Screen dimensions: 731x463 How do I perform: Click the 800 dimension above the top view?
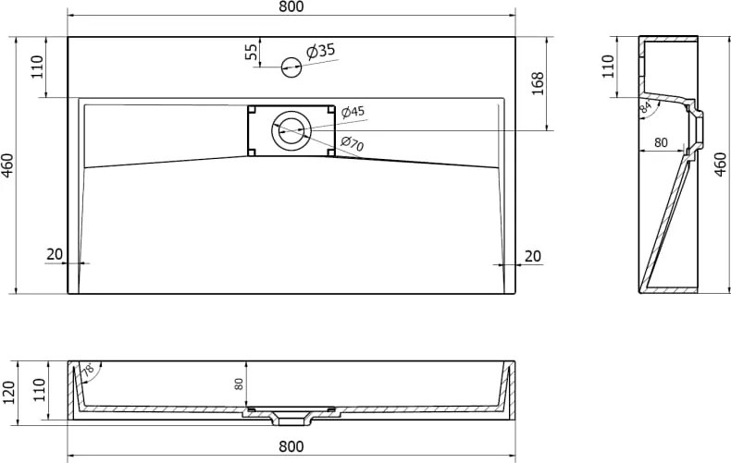pyautogui.click(x=291, y=6)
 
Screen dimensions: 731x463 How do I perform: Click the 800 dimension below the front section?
pyautogui.click(x=291, y=446)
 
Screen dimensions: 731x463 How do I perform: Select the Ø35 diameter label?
pyautogui.click(x=321, y=51)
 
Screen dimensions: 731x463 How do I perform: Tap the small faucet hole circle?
pyautogui.click(x=291, y=67)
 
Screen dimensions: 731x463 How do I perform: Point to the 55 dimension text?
pyautogui.click(x=251, y=52)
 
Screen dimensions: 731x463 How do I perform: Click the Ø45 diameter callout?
pyautogui.click(x=353, y=112)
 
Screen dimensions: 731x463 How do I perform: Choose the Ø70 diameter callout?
pyautogui.click(x=352, y=144)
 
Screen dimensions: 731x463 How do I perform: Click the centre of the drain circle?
pyautogui.click(x=291, y=130)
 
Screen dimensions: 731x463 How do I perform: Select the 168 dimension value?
pyautogui.click(x=538, y=83)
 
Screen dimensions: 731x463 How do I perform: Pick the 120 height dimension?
pyautogui.click(x=10, y=393)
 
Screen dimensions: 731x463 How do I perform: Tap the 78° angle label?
pyautogui.click(x=89, y=370)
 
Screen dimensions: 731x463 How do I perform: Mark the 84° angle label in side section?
pyautogui.click(x=646, y=107)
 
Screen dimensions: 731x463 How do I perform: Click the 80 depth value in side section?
pyautogui.click(x=661, y=142)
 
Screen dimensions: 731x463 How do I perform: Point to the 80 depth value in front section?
pyautogui.click(x=239, y=384)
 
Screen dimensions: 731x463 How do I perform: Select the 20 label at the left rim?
pyautogui.click(x=55, y=254)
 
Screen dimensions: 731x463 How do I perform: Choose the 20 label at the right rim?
pyautogui.click(x=533, y=256)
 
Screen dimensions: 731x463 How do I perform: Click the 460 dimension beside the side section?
pyautogui.click(x=720, y=164)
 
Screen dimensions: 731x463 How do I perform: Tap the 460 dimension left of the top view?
pyautogui.click(x=10, y=165)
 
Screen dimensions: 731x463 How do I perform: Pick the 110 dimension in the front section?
pyautogui.click(x=39, y=390)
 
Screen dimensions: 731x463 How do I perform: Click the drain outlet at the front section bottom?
pyautogui.click(x=291, y=422)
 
